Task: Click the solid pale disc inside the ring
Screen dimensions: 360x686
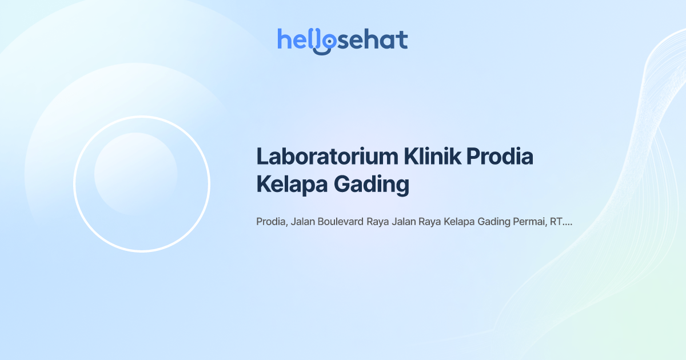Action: pyautogui.click(x=135, y=174)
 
